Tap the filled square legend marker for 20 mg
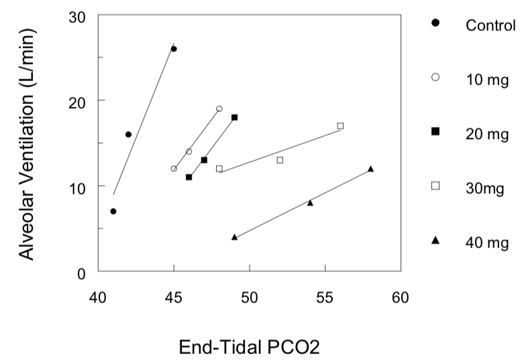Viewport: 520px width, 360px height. coord(435,133)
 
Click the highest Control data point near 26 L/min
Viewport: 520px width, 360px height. coord(174,49)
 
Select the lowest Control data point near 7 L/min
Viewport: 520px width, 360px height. coord(113,211)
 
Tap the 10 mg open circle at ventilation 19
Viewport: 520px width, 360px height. coord(219,109)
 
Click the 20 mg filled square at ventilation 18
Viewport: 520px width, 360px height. coord(234,117)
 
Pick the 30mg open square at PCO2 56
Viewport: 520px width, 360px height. coord(340,126)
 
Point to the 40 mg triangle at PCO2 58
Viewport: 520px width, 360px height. coord(370,169)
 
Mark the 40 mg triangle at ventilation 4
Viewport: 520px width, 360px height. coord(234,237)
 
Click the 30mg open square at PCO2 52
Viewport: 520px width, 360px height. coord(280,160)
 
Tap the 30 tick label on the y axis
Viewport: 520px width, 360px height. coord(79,15)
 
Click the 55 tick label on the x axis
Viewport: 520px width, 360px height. coord(325,294)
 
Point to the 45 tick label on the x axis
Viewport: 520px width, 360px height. coord(174,294)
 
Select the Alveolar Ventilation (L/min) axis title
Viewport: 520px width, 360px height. coord(28,143)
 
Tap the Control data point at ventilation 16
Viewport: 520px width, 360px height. coord(128,134)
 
